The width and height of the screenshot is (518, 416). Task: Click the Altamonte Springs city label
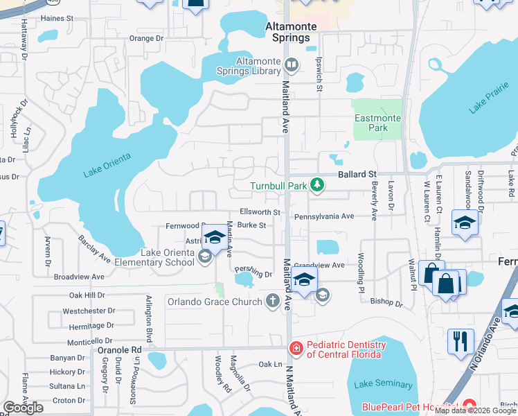click(x=292, y=32)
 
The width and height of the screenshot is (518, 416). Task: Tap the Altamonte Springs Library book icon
click(x=292, y=65)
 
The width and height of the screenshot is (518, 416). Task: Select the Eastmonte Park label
click(x=377, y=123)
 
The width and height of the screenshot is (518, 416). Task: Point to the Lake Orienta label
click(x=107, y=167)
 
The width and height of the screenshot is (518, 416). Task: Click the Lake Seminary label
click(x=383, y=384)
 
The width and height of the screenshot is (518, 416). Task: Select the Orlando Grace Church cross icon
click(x=273, y=301)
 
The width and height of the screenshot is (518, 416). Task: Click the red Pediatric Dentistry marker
click(x=296, y=348)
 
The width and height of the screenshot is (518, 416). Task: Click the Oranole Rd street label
click(x=116, y=349)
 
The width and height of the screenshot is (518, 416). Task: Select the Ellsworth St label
click(x=259, y=212)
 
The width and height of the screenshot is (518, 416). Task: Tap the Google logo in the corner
click(x=24, y=408)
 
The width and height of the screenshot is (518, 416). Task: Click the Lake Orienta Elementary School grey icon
click(x=204, y=257)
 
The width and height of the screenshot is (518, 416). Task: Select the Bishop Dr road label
click(x=386, y=303)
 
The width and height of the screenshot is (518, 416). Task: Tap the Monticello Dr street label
click(x=89, y=341)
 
